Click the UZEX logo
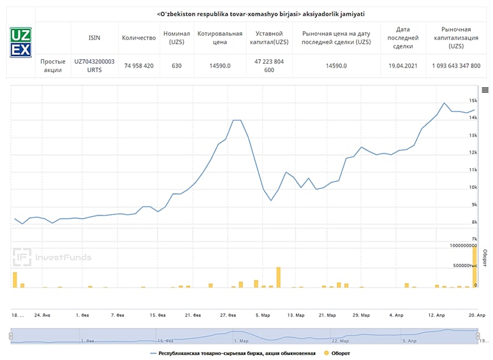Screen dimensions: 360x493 pyautogui.click(x=20, y=43)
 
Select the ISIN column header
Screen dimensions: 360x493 pyautogui.click(x=94, y=38)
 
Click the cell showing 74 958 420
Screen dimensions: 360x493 pyautogui.click(x=139, y=66)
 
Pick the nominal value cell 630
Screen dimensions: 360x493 pyautogui.click(x=177, y=66)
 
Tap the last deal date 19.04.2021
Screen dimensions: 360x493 pyautogui.click(x=402, y=66)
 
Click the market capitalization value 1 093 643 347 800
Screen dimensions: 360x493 pyautogui.click(x=456, y=66)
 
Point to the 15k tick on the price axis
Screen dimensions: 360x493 pyautogui.click(x=473, y=101)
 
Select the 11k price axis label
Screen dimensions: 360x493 pyautogui.click(x=473, y=170)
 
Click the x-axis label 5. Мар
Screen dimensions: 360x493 pyautogui.click(x=262, y=315)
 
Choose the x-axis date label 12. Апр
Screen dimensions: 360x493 pyautogui.click(x=436, y=315)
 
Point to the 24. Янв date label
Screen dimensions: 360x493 pyautogui.click(x=41, y=315)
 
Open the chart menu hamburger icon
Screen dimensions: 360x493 pyautogui.click(x=485, y=90)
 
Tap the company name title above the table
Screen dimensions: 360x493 pyautogui.click(x=261, y=13)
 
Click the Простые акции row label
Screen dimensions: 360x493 pyautogui.click(x=53, y=66)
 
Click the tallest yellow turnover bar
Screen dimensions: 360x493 pyautogui.click(x=475, y=266)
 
